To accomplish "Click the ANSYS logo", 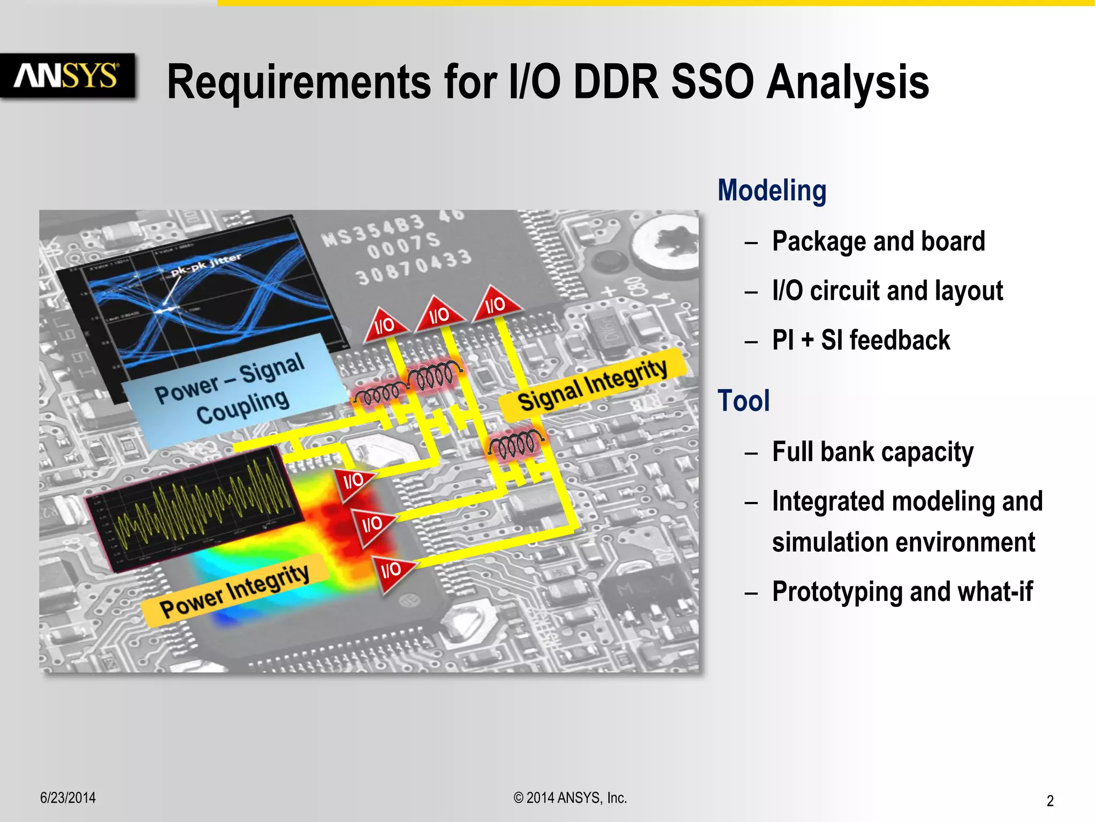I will pyautogui.click(x=67, y=75).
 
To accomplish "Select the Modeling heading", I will pyautogui.click(x=772, y=191).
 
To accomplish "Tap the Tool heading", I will pyautogui.click(x=743, y=401).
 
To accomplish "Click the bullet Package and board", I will pyautogui.click(x=878, y=241).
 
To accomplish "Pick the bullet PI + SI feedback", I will pyautogui.click(x=861, y=340).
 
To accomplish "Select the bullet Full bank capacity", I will pyautogui.click(x=872, y=452).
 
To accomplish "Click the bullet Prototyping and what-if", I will pyautogui.click(x=902, y=592).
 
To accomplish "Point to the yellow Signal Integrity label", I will pyautogui.click(x=592, y=385).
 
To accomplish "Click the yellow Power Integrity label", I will pyautogui.click(x=234, y=591).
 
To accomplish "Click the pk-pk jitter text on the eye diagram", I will pyautogui.click(x=206, y=264).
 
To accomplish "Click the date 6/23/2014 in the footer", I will pyautogui.click(x=68, y=797).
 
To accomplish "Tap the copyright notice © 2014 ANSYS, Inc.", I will pyautogui.click(x=570, y=798).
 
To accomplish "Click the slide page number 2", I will pyautogui.click(x=1049, y=801).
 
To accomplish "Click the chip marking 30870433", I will pyautogui.click(x=413, y=268).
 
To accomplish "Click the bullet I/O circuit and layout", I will pyautogui.click(x=887, y=291).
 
